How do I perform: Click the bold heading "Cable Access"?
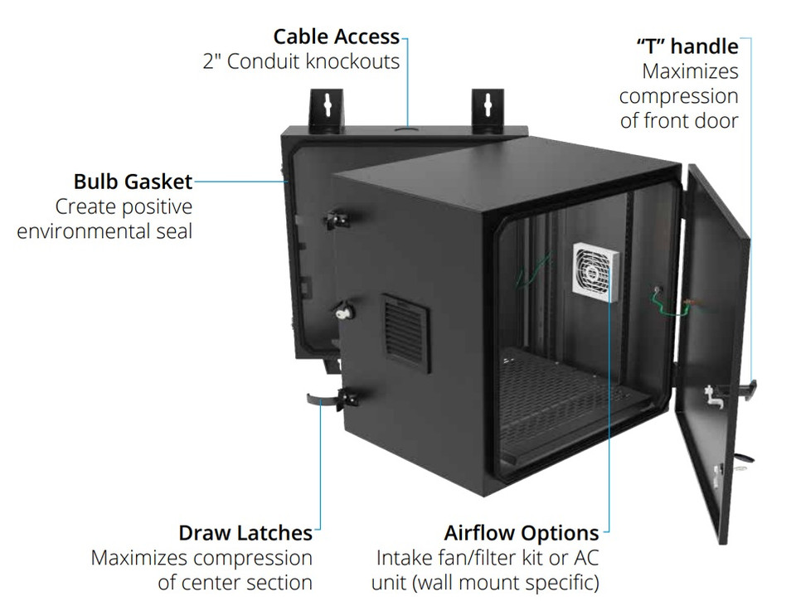click(336, 36)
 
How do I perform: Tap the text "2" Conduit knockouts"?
click(301, 61)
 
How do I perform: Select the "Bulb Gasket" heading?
click(133, 182)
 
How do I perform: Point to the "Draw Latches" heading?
click(245, 532)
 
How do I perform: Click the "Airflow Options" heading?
click(521, 532)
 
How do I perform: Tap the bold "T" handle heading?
click(687, 46)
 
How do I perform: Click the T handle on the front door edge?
click(750, 387)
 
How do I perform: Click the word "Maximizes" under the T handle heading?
click(690, 71)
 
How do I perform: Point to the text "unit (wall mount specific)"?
click(485, 582)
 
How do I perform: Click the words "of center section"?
click(235, 582)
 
